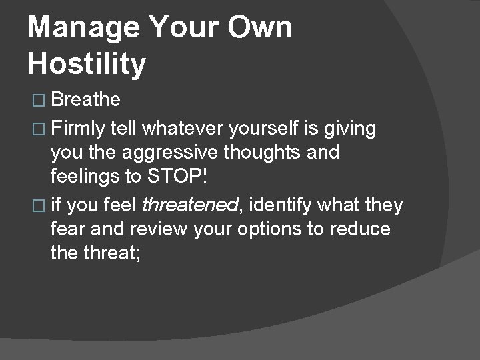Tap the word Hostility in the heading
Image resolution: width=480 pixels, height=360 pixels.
[87, 65]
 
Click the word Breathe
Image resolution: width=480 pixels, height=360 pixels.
[85, 100]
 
